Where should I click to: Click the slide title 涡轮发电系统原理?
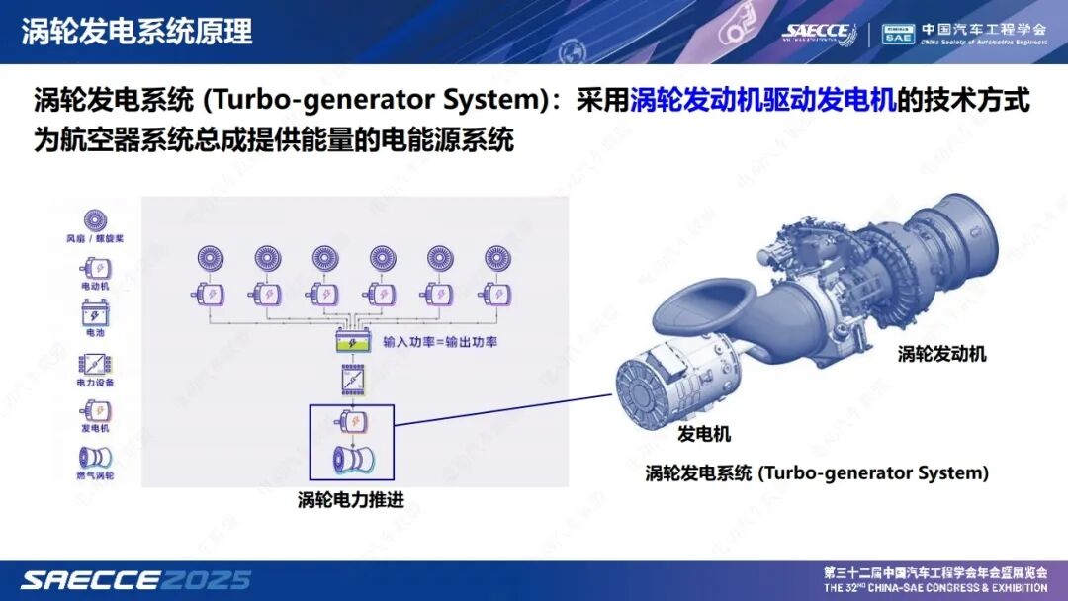pos(136,31)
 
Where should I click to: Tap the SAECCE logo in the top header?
pos(816,32)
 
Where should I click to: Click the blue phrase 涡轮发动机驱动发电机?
pos(762,101)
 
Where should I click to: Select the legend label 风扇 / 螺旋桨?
pos(95,239)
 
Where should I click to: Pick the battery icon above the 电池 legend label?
pos(95,315)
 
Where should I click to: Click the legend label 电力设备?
pos(95,382)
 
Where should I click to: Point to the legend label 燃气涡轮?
pos(95,476)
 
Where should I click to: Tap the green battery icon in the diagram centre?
pos(355,342)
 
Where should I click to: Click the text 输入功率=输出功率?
pos(440,342)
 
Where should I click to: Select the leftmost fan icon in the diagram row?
pos(212,260)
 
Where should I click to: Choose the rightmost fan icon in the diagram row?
pos(497,260)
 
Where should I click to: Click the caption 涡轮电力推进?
pos(351,499)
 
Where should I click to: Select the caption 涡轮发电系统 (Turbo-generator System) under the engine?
pos(817,473)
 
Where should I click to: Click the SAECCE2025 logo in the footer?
pos(135,579)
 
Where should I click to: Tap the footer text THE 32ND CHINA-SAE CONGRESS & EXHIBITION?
pos(934,588)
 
